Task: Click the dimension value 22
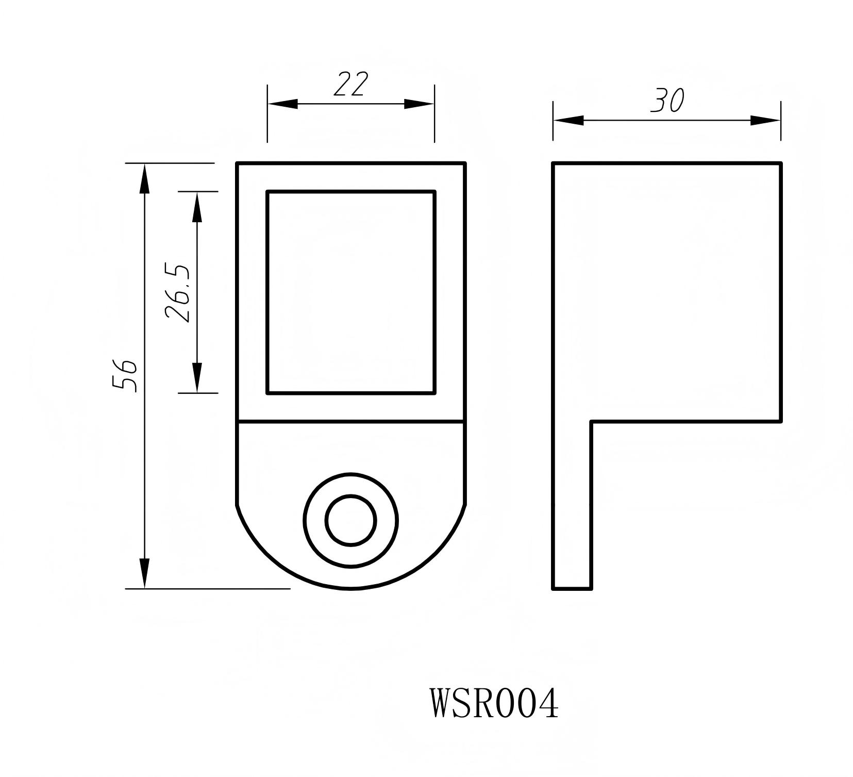[x=351, y=85]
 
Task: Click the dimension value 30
[x=667, y=101]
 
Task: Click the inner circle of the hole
[x=351, y=520]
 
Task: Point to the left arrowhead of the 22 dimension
[x=282, y=104]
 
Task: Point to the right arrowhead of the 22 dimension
[x=419, y=104]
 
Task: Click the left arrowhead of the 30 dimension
[x=568, y=120]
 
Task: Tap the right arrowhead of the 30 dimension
[x=765, y=120]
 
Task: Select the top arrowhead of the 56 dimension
[x=145, y=178]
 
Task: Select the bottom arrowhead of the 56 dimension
[x=145, y=572]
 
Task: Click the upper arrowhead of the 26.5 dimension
[x=197, y=206]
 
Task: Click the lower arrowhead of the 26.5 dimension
[x=197, y=378]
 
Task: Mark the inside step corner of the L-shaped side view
[x=591, y=422]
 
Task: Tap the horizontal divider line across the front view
[x=351, y=422]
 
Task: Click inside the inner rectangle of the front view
[x=351, y=292]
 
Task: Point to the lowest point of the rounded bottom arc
[x=351, y=588]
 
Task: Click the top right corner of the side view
[x=780, y=163]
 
